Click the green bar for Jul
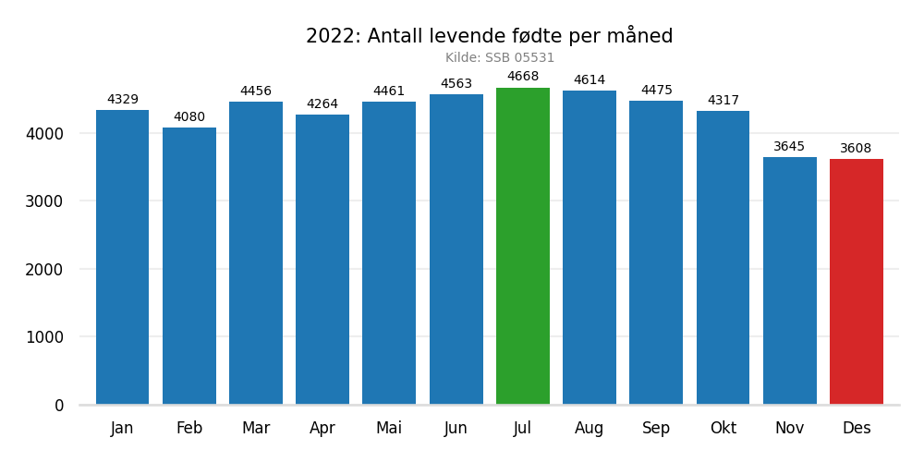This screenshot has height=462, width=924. (523, 246)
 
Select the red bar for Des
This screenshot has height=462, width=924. (857, 282)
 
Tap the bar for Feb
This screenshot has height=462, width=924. (189, 266)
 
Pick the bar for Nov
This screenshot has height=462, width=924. (790, 281)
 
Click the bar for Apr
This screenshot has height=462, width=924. (322, 260)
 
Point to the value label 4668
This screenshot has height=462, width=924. (523, 77)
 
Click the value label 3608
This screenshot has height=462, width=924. (856, 149)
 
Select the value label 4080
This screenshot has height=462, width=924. (189, 117)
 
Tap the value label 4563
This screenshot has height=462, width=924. (456, 84)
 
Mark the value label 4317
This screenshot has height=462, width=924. (723, 101)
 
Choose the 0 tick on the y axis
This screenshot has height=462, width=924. (59, 406)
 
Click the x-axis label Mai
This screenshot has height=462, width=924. (389, 429)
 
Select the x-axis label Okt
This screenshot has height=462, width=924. (723, 429)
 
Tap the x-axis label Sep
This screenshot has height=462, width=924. (656, 429)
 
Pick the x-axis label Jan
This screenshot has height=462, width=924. (122, 429)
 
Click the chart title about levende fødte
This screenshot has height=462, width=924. (490, 36)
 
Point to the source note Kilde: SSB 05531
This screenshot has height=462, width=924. (500, 58)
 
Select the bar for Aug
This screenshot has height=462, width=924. (590, 248)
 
